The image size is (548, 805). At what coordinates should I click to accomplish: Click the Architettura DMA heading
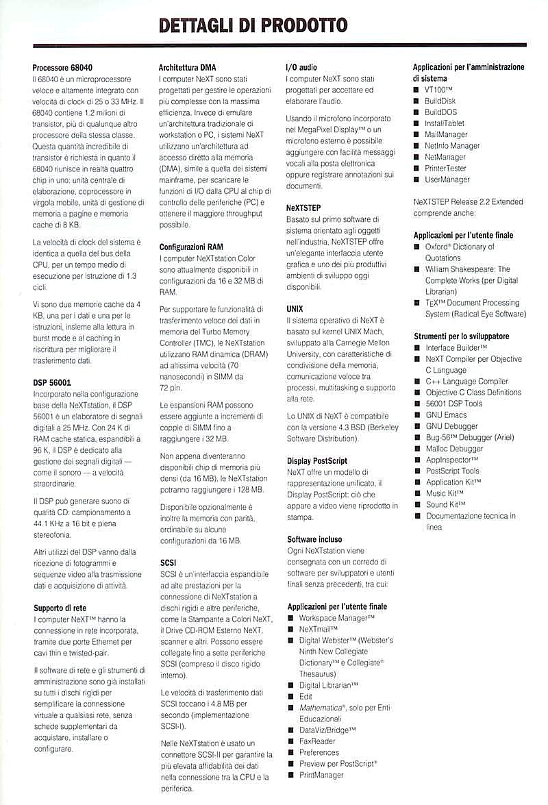[187, 68]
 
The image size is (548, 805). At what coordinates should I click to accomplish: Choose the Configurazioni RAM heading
[191, 247]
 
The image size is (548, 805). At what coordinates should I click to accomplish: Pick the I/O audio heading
[301, 68]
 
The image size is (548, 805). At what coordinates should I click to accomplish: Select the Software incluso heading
[314, 539]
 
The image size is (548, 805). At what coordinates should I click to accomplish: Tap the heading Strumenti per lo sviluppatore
[461, 336]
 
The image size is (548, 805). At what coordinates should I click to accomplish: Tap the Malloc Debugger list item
[454, 449]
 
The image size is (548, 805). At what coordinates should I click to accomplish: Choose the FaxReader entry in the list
[317, 741]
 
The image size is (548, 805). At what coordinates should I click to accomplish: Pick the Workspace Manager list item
[336, 618]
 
